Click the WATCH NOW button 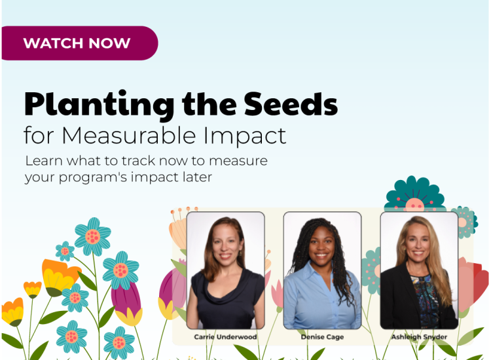click(x=77, y=44)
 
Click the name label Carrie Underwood click(x=225, y=336)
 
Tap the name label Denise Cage click(x=321, y=336)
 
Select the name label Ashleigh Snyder click(x=419, y=336)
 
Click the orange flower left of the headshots click(x=58, y=275)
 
